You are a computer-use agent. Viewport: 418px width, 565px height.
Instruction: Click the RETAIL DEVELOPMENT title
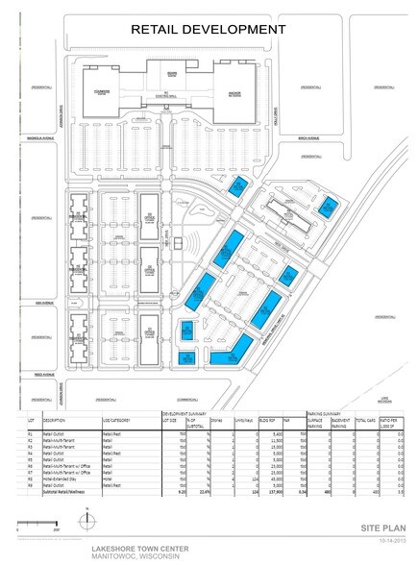[209, 30]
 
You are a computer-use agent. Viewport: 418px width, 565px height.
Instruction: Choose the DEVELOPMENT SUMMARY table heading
[181, 413]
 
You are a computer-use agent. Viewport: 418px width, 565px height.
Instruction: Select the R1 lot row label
[31, 434]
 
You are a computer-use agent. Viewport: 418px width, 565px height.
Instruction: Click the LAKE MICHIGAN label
[384, 398]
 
